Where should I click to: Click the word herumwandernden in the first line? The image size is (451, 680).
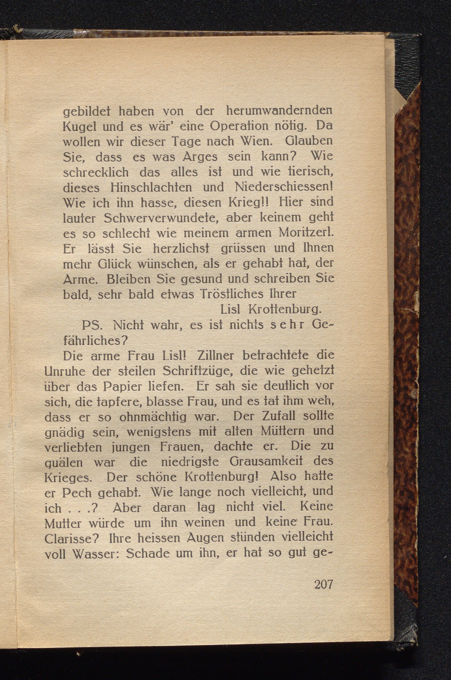tap(279, 111)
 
